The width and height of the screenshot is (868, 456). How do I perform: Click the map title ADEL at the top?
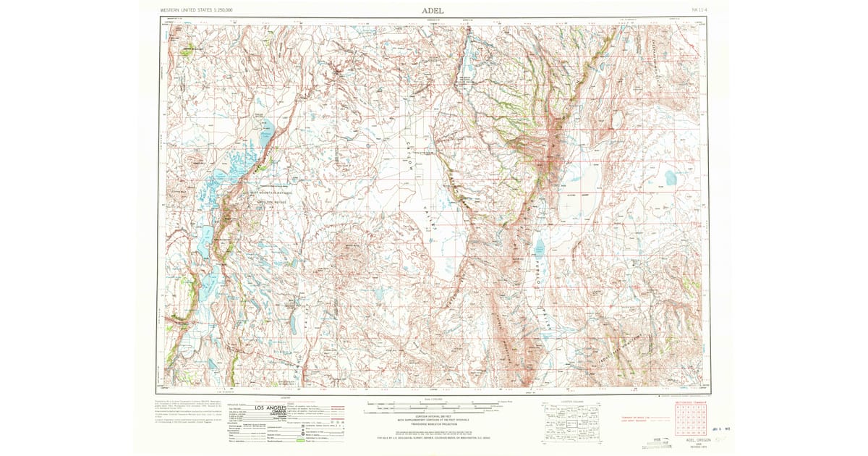tap(433, 10)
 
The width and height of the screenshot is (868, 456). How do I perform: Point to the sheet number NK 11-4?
tap(699, 10)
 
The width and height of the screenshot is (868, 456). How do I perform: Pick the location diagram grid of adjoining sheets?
tap(571, 421)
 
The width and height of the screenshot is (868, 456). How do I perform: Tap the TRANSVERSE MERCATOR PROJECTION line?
tap(433, 423)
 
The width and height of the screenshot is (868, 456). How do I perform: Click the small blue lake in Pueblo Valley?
tap(539, 250)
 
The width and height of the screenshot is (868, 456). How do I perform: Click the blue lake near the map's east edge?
tap(671, 177)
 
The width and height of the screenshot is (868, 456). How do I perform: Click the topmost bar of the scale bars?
tap(433, 402)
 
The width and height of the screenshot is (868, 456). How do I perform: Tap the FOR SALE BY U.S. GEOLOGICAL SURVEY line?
tap(433, 438)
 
